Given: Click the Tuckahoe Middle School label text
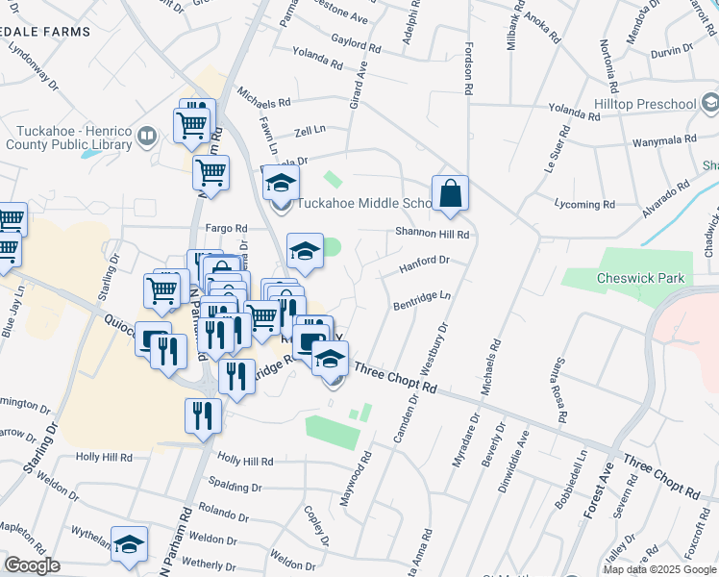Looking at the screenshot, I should click(365, 204).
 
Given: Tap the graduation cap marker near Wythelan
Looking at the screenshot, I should click(129, 544).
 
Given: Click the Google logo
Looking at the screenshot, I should click(32, 565).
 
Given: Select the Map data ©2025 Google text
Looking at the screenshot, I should click(659, 569).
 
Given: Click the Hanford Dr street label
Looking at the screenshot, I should click(424, 261).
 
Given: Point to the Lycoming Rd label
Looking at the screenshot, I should click(584, 204).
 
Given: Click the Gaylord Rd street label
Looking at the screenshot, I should click(357, 43).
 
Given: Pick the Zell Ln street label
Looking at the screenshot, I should click(310, 129).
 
